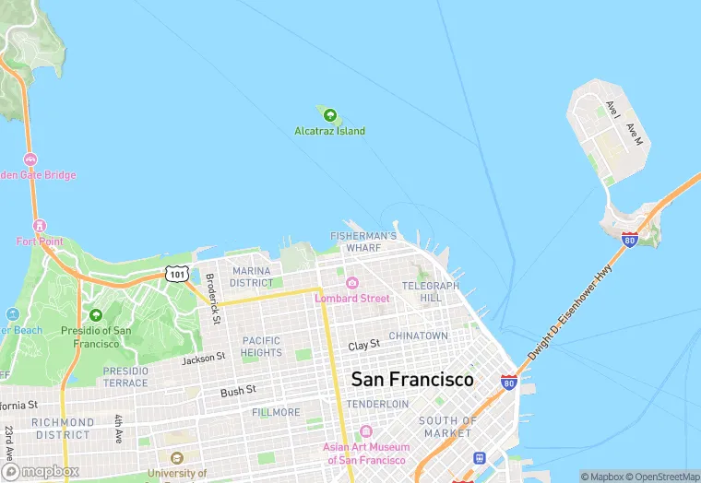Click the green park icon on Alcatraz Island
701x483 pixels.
click(x=329, y=115)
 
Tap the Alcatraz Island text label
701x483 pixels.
click(x=329, y=131)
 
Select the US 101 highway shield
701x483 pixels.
click(x=176, y=274)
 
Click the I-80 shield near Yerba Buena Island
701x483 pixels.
click(x=629, y=240)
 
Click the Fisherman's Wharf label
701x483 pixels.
click(x=363, y=242)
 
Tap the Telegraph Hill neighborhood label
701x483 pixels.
click(x=430, y=292)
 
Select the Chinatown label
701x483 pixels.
click(x=418, y=336)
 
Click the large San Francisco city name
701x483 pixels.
click(x=412, y=380)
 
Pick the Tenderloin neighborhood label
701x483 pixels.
click(x=376, y=404)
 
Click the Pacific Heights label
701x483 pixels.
click(x=261, y=347)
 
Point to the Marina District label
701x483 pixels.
click(x=251, y=277)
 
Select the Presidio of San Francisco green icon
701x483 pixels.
click(x=95, y=315)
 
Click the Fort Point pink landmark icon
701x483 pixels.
click(x=39, y=226)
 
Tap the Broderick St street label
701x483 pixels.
click(x=213, y=298)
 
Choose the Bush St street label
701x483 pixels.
click(x=237, y=392)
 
